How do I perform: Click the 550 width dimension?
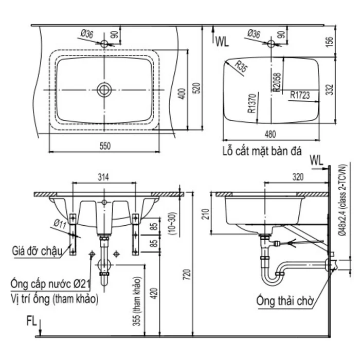[105, 146]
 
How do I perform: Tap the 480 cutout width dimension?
[270, 134]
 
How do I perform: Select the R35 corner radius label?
[241, 66]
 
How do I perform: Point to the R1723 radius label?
[300, 95]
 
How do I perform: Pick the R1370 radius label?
[252, 103]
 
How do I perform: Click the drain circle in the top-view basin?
[104, 90]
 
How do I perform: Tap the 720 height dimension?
[187, 275]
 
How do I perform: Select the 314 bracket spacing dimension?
[103, 177]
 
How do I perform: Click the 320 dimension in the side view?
[298, 176]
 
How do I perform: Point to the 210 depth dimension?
[206, 214]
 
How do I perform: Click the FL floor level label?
[31, 321]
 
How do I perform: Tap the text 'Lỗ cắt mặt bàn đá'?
[262, 151]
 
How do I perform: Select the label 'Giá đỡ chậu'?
[37, 251]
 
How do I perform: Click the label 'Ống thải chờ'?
[285, 300]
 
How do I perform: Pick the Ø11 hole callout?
[60, 223]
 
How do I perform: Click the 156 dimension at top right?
[329, 42]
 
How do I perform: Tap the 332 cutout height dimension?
[329, 89]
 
